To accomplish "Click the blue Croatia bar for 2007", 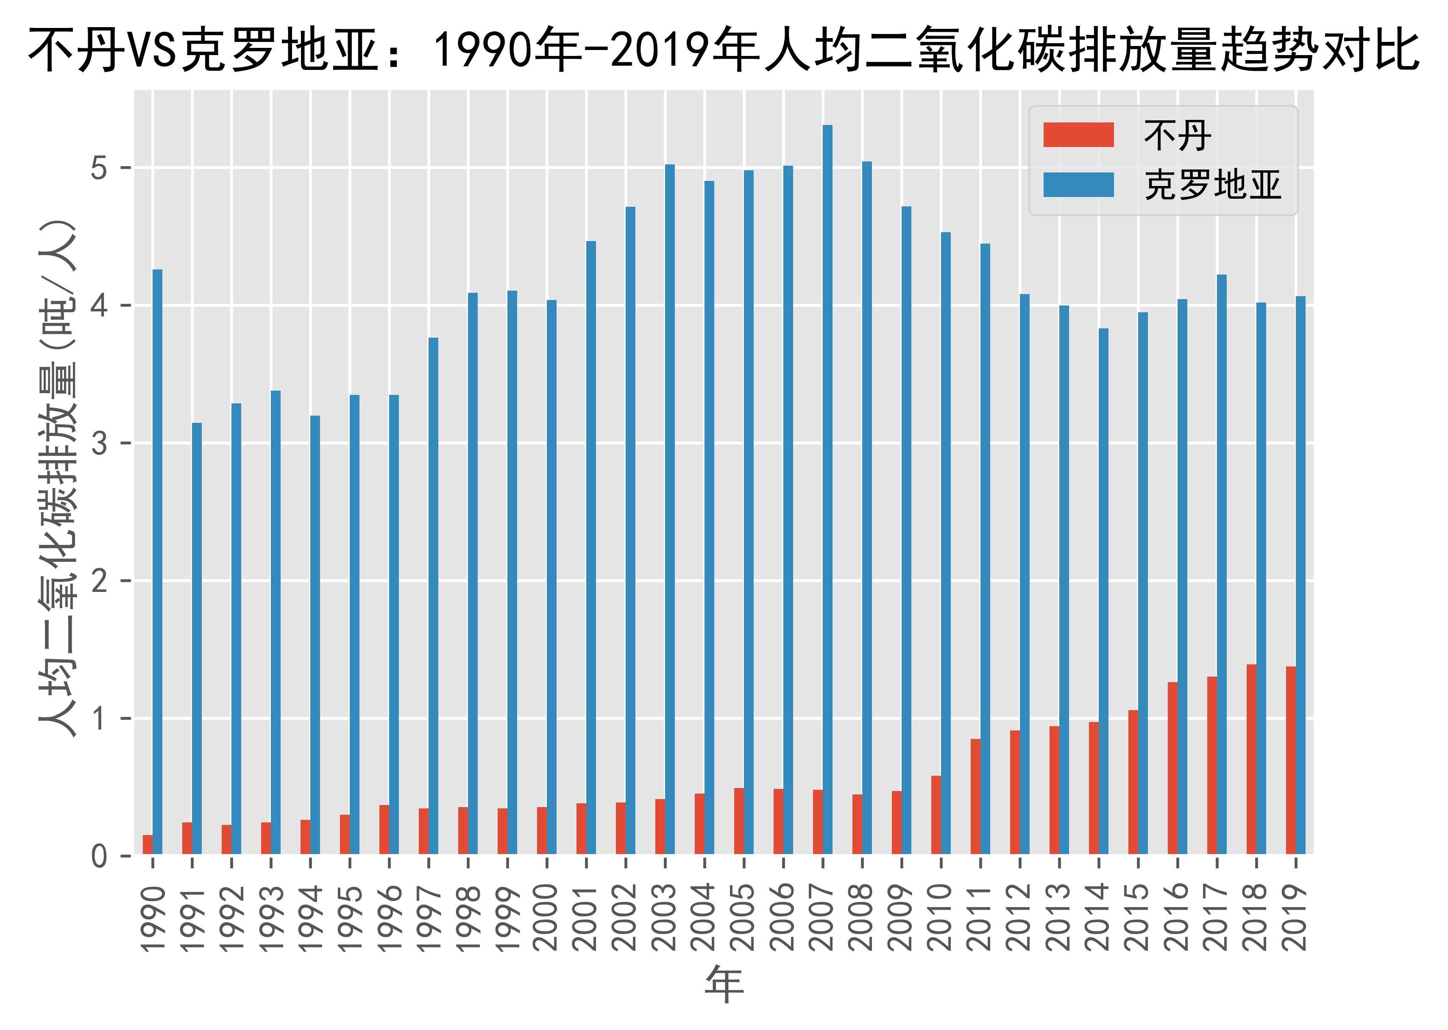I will pyautogui.click(x=827, y=489).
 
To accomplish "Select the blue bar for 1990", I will pyautogui.click(x=157, y=561).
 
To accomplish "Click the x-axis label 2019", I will pyautogui.click(x=1295, y=918).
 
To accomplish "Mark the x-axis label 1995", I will pyautogui.click(x=350, y=918).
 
